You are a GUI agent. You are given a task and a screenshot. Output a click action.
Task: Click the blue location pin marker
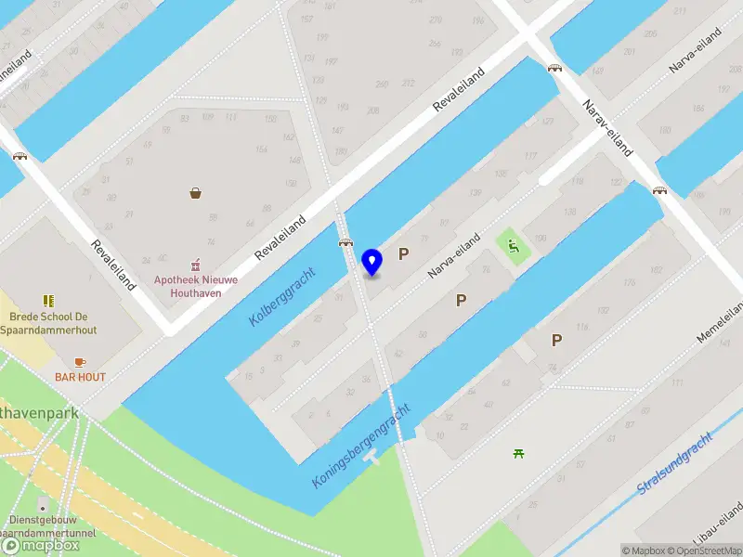click(372, 263)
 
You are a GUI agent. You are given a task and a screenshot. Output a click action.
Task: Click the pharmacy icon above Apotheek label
click(195, 265)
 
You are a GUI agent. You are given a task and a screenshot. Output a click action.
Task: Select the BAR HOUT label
click(80, 377)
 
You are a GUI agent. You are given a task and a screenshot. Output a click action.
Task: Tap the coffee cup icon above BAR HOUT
click(80, 361)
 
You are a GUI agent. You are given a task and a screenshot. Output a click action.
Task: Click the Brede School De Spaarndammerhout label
click(48, 322)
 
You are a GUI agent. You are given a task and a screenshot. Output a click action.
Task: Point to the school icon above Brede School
click(48, 301)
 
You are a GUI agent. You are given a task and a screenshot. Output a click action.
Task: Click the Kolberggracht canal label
click(282, 296)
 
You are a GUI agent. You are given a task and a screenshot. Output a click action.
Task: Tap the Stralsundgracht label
click(675, 462)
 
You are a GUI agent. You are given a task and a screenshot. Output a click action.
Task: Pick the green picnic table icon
click(518, 453)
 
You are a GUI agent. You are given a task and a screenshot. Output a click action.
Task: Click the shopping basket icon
click(197, 193)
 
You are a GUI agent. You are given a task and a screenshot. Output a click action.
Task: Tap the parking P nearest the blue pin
click(404, 253)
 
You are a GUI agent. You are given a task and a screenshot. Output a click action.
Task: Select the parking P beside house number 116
click(556, 340)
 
